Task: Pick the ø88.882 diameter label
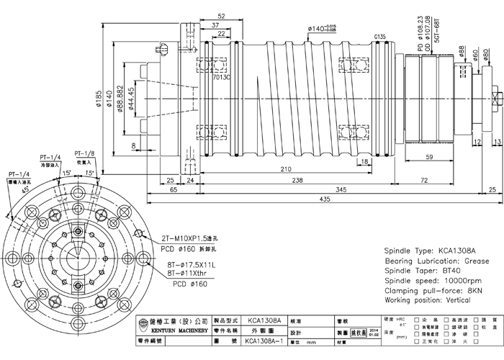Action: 119,94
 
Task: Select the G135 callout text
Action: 381,36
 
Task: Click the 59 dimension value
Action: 428,156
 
